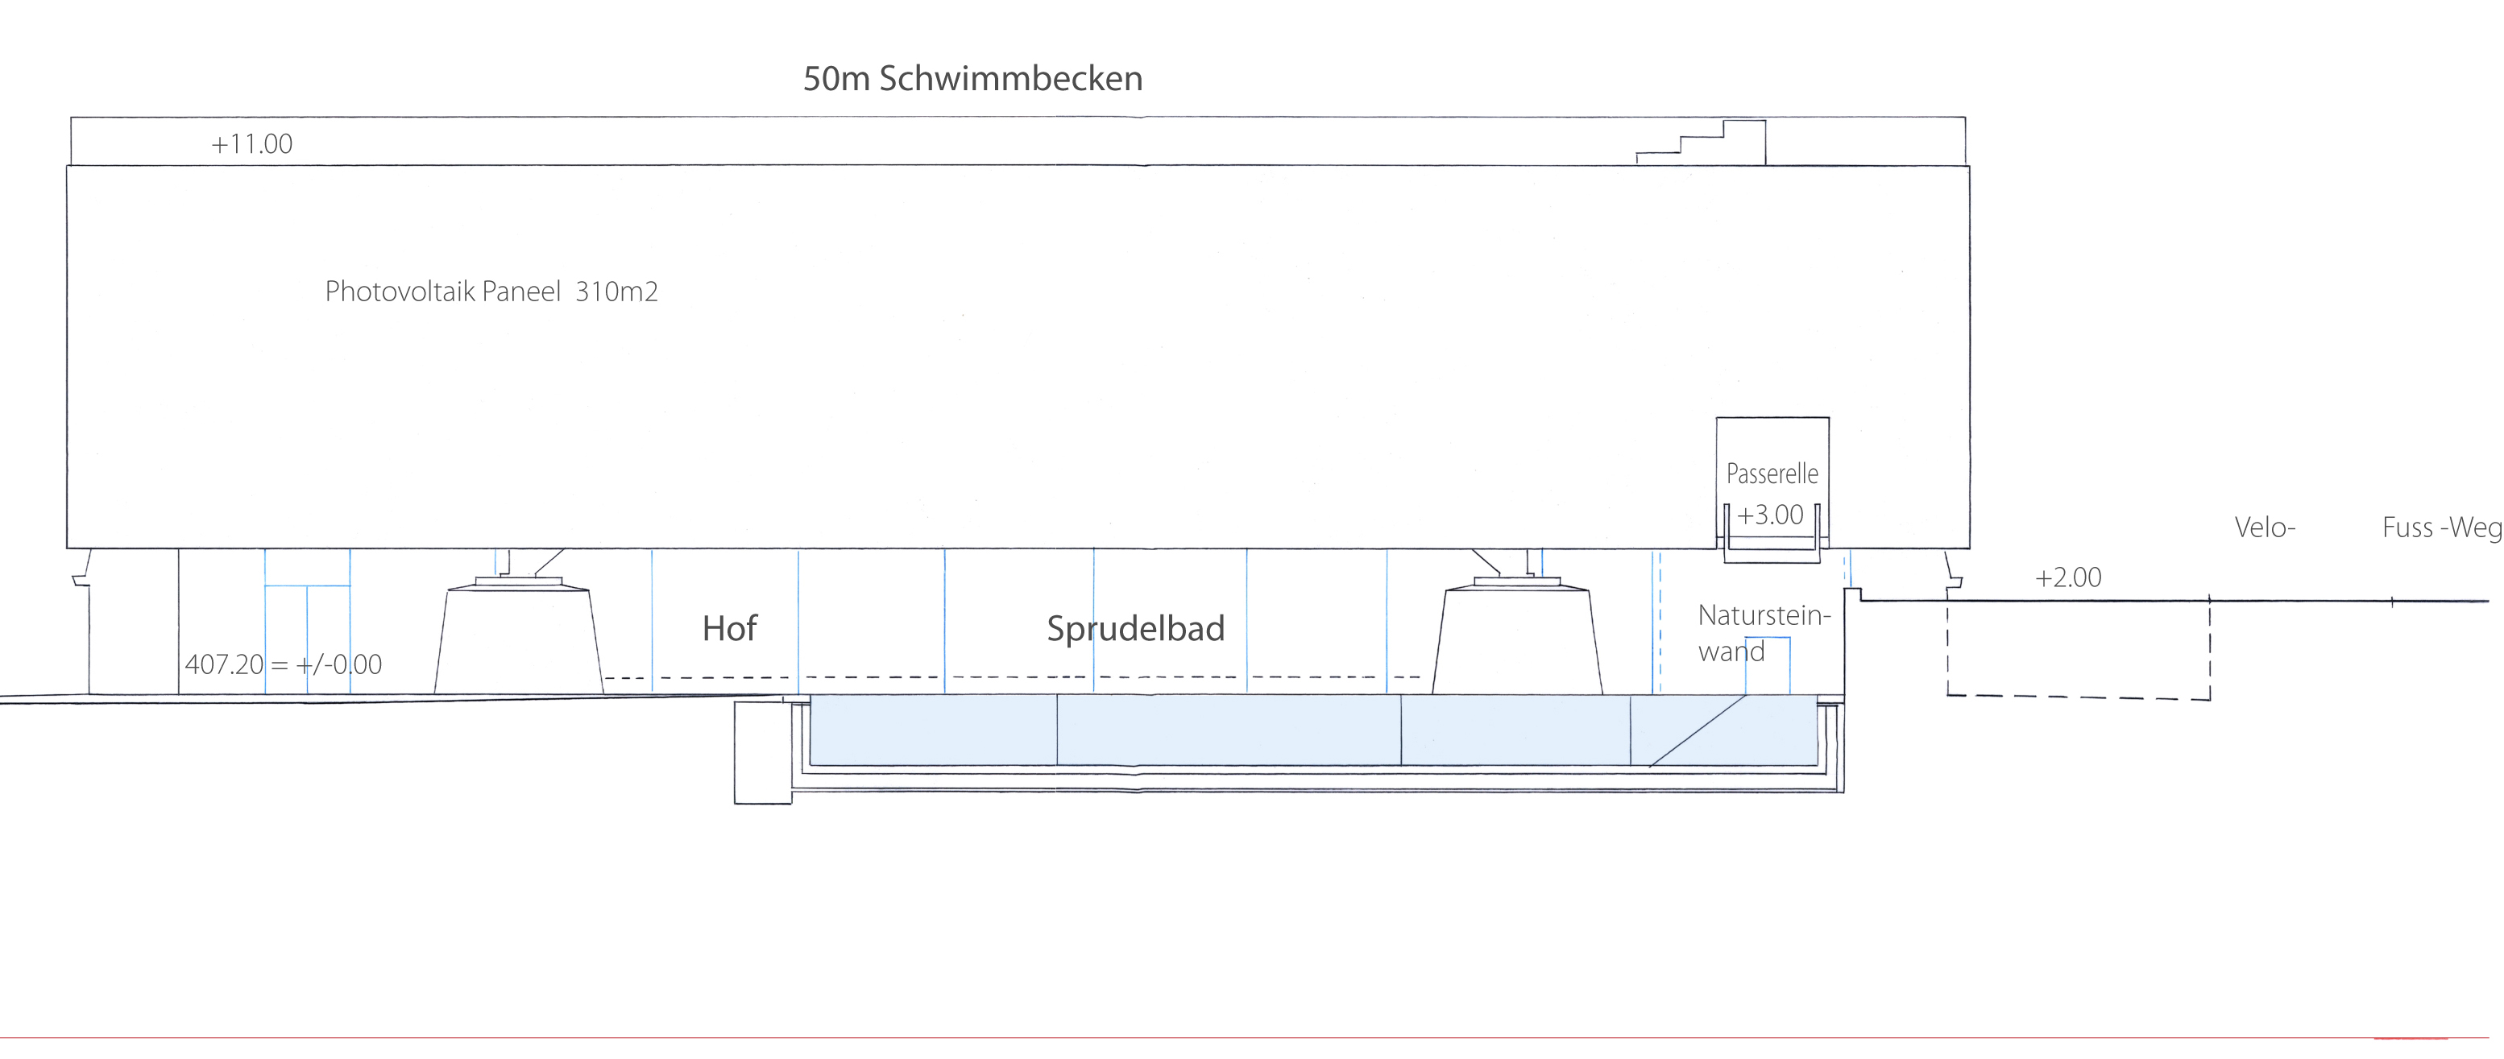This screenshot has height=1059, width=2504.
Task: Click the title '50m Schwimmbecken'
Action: click(x=972, y=79)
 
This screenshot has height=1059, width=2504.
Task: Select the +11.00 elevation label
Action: click(x=251, y=145)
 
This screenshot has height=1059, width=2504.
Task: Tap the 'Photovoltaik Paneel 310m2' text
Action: click(x=491, y=292)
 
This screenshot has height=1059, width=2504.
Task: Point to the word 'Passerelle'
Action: click(x=1771, y=474)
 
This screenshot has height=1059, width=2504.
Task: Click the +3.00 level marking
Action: click(x=1769, y=515)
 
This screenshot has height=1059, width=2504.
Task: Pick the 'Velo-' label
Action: click(x=2264, y=527)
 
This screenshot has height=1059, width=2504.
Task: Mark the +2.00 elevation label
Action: click(x=2067, y=578)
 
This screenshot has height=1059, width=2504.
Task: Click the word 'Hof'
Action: click(x=729, y=629)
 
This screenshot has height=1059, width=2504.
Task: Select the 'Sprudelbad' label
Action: click(x=1135, y=629)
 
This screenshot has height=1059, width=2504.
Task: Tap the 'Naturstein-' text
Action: click(x=1764, y=615)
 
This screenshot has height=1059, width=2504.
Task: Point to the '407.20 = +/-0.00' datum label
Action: click(x=283, y=664)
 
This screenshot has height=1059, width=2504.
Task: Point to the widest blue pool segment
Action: click(x=1229, y=730)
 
